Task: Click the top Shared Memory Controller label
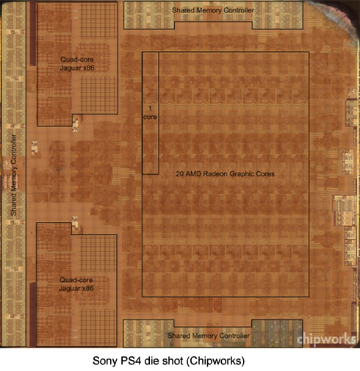(212, 10)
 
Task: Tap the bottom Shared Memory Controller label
(209, 336)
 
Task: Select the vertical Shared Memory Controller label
(14, 175)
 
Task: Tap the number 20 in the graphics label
(180, 174)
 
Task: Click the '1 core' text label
(150, 112)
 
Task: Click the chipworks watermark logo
(326, 339)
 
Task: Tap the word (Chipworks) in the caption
(215, 361)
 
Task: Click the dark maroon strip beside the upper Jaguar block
(33, 34)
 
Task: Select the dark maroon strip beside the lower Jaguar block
(32, 314)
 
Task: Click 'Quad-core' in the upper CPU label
(77, 60)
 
